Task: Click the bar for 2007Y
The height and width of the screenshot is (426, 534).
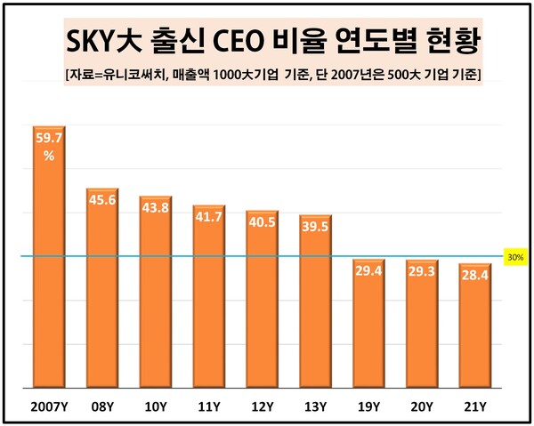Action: coord(49,258)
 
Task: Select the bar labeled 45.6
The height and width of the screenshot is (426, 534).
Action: coord(102,289)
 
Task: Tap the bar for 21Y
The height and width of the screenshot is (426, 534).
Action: coord(474,326)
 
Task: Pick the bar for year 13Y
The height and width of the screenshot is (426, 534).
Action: coord(315,302)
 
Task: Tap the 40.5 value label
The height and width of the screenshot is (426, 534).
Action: coord(262,222)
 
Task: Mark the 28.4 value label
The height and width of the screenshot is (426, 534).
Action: coord(474,276)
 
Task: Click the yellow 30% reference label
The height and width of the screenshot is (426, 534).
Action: coord(515,256)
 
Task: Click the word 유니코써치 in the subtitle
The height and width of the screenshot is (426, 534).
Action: coord(136,73)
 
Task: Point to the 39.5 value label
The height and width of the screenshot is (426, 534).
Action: coord(315,227)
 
